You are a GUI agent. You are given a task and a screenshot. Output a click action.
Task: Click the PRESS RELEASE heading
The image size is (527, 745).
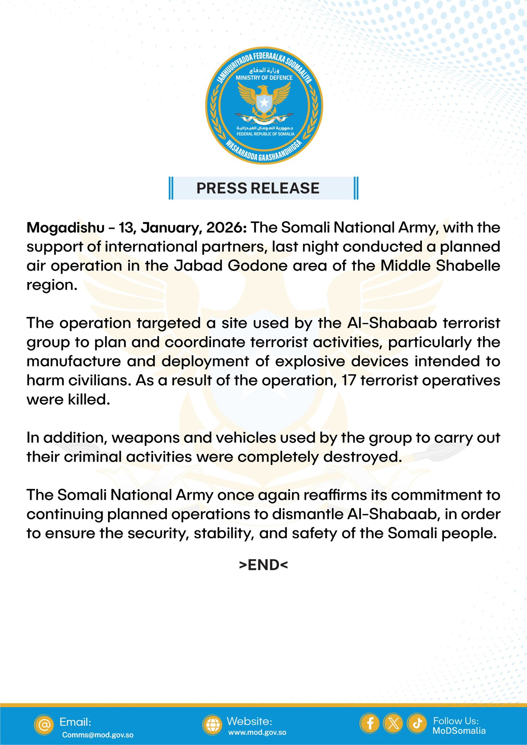258,188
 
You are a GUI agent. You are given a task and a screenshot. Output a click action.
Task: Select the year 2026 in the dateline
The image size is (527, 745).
227,228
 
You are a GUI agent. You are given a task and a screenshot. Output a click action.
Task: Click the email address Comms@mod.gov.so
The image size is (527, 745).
98,735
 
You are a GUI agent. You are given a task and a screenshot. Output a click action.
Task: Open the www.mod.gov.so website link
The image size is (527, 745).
257,732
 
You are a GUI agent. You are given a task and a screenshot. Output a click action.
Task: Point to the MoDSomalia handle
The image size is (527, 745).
459,731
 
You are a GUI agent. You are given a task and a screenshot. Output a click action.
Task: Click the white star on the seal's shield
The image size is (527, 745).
264,103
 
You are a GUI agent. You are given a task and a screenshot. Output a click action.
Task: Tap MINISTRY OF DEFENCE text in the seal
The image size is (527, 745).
264,78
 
